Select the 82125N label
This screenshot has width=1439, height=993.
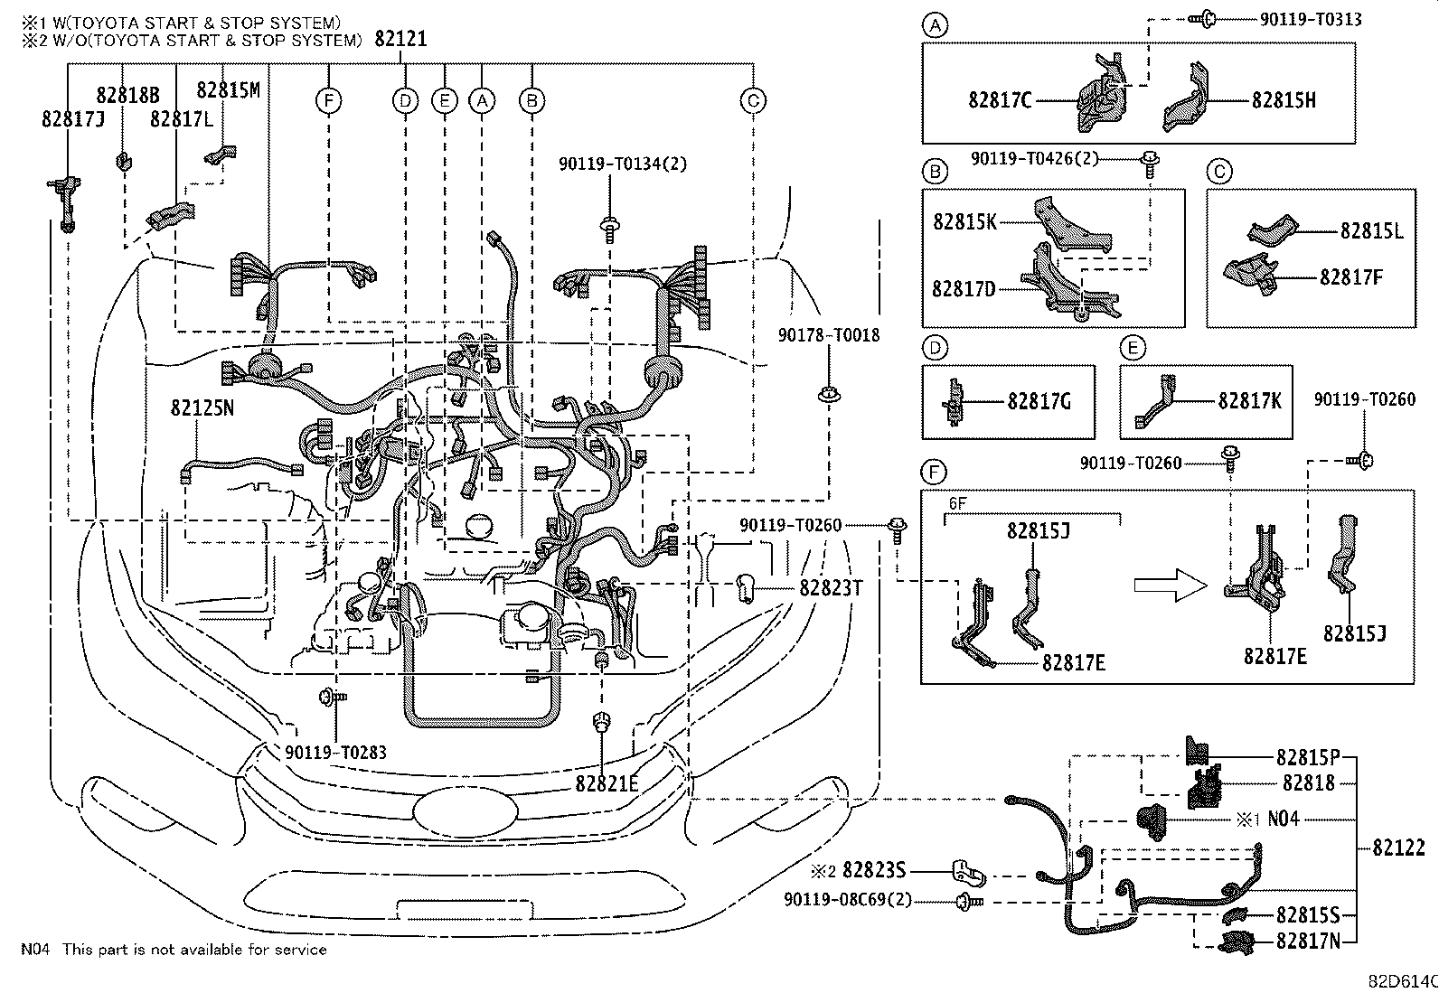(x=202, y=408)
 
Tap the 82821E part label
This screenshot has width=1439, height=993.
(x=606, y=783)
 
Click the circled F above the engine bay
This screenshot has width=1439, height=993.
(x=329, y=101)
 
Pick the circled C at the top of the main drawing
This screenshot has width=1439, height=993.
(x=753, y=101)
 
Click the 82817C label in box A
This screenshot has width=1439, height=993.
(x=1000, y=100)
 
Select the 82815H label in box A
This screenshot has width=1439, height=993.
(x=1284, y=100)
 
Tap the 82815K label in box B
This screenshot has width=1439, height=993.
(x=964, y=221)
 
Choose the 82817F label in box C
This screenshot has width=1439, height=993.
(x=1350, y=277)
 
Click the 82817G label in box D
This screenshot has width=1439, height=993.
(x=1039, y=400)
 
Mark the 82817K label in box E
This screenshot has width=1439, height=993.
(x=1249, y=400)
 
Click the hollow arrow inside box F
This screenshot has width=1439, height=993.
(x=1171, y=585)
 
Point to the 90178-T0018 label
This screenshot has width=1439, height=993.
(x=828, y=336)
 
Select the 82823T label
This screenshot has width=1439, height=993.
(x=831, y=588)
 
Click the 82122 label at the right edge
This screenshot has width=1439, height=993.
(x=1398, y=848)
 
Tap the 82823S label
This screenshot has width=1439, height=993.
(x=873, y=870)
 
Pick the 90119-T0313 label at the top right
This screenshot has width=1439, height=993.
(x=1310, y=19)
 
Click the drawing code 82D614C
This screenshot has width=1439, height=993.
(x=1401, y=981)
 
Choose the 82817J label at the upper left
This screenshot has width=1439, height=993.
(x=72, y=118)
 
